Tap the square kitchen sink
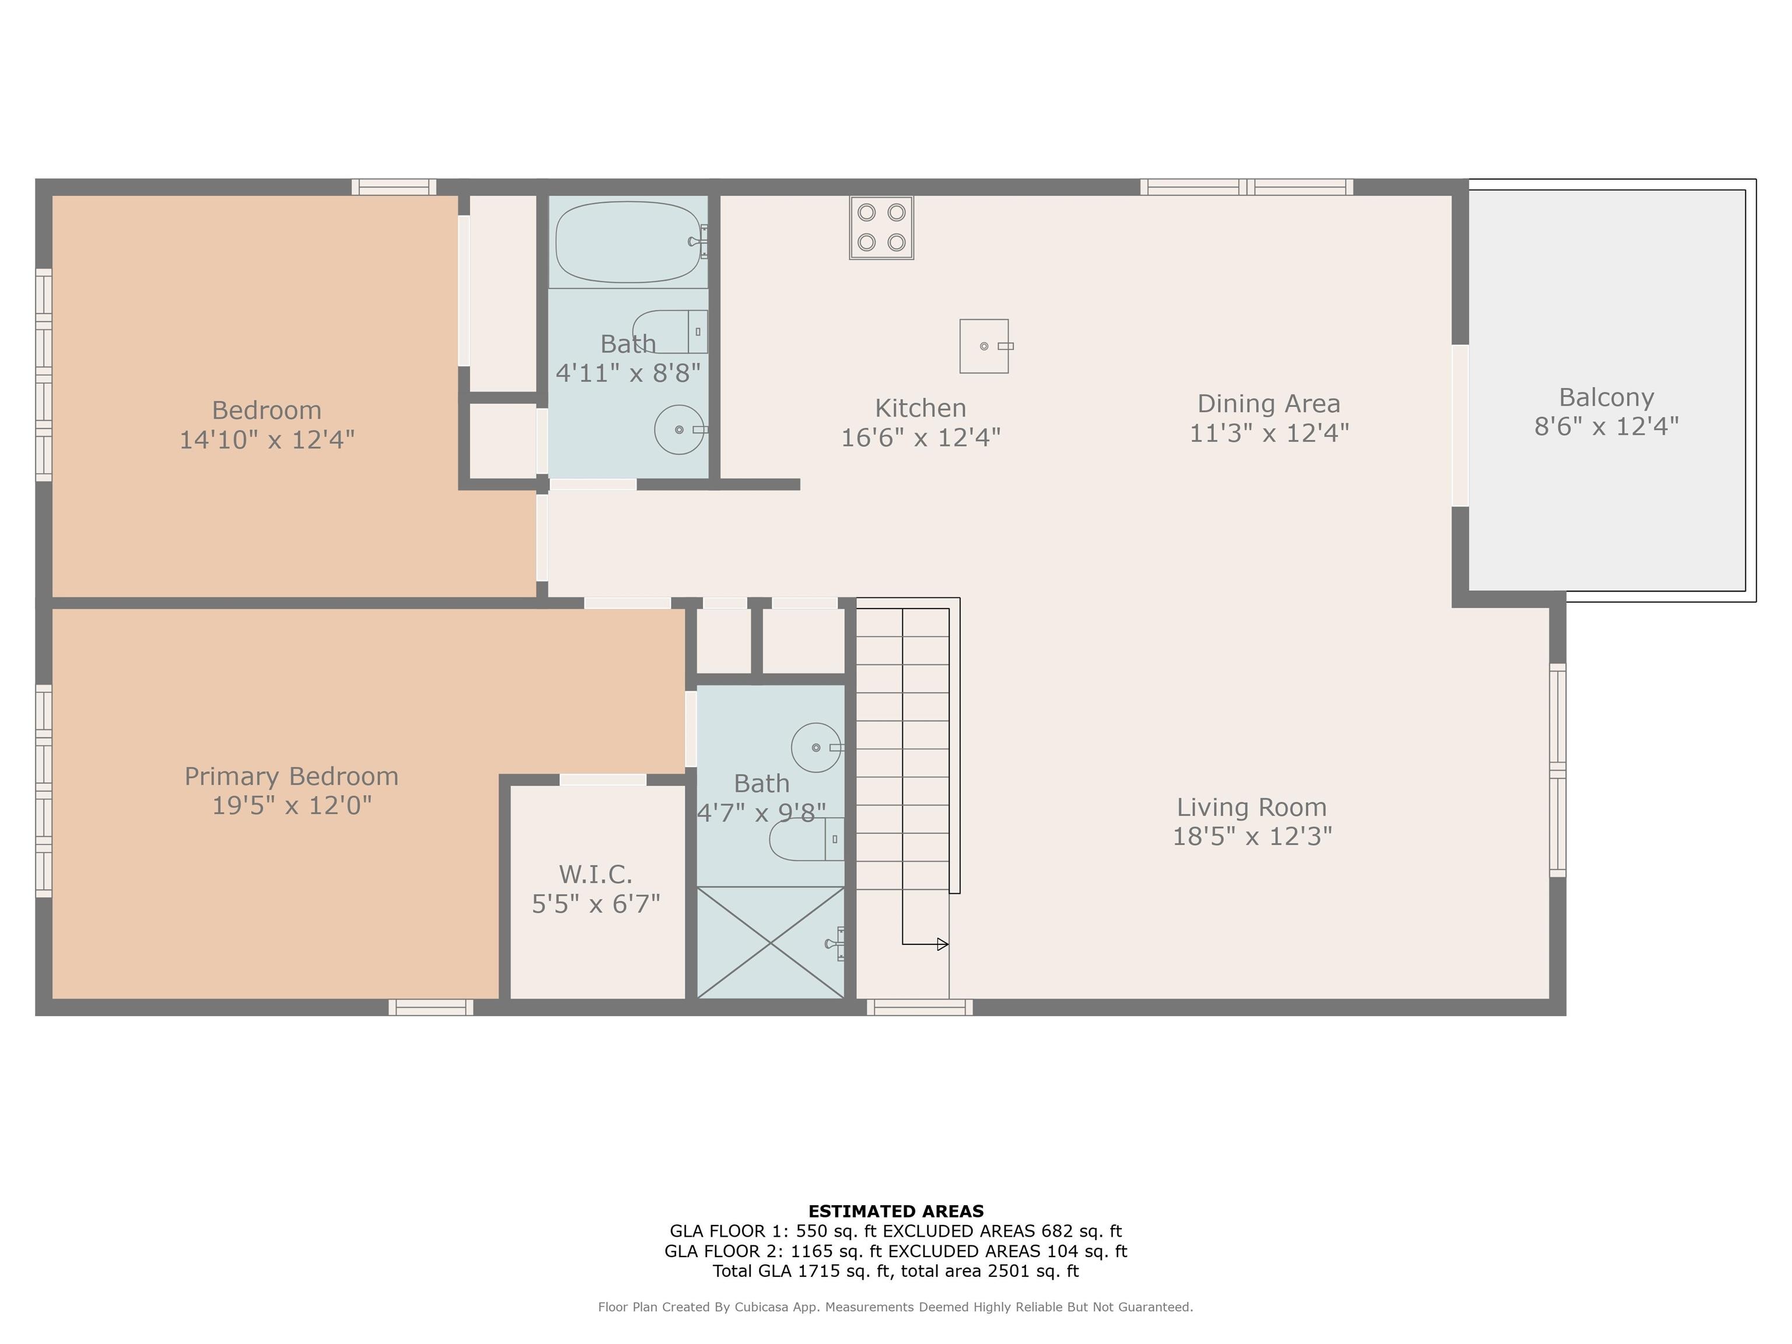(984, 346)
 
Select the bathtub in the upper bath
(628, 242)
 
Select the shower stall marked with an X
(771, 942)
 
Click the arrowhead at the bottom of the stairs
(942, 944)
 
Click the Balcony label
(1606, 397)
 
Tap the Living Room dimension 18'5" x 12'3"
(1252, 836)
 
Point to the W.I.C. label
(596, 874)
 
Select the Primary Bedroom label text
(292, 776)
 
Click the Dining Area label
(1269, 404)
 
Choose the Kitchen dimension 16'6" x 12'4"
(921, 437)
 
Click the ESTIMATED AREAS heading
(895, 1211)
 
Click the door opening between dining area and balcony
(1460, 425)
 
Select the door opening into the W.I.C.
(603, 779)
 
